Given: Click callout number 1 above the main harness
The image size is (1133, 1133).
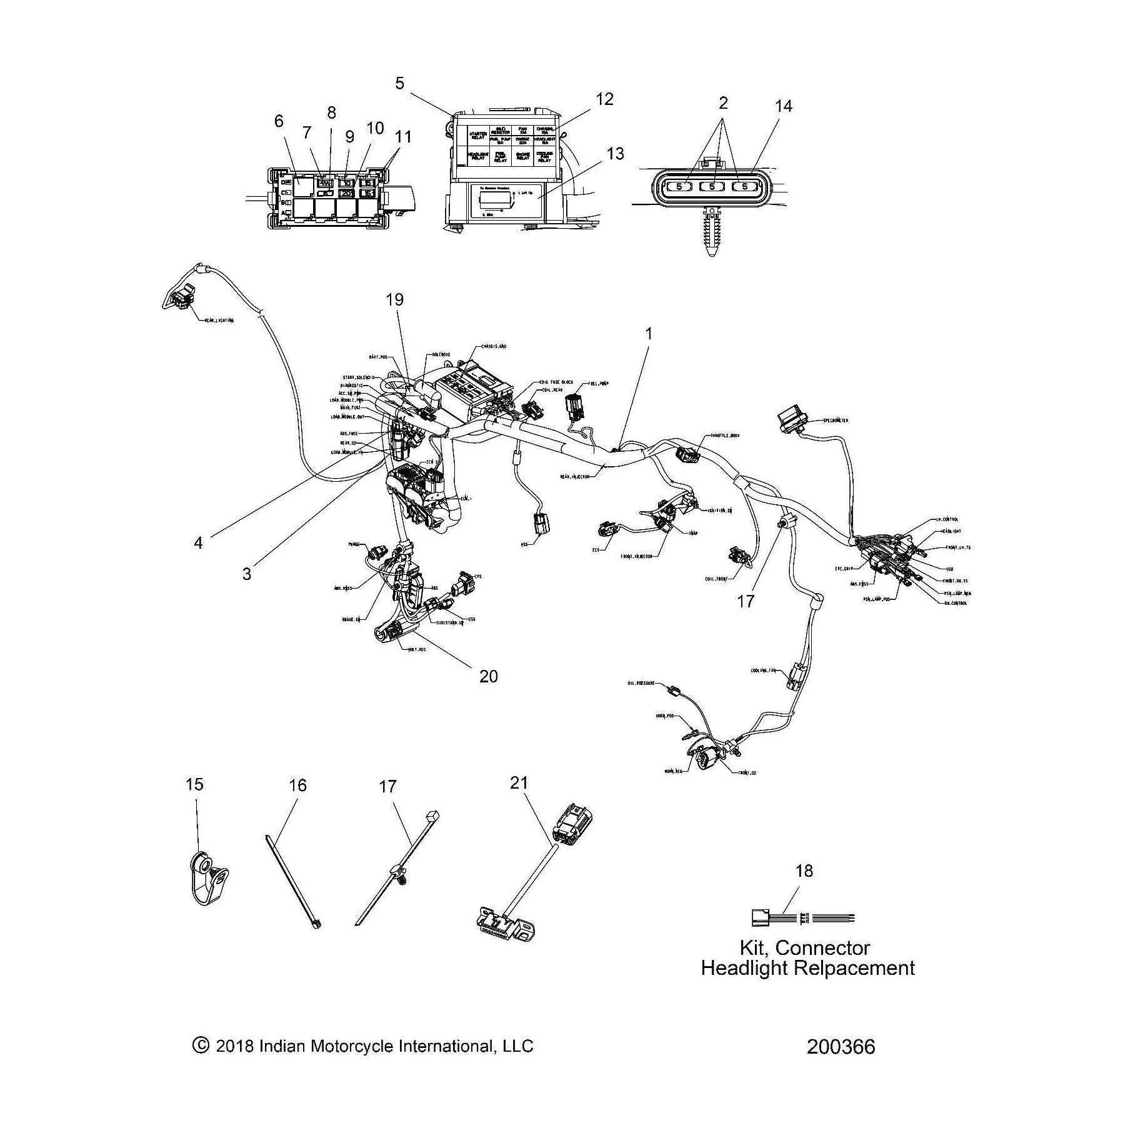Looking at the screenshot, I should point(648,334).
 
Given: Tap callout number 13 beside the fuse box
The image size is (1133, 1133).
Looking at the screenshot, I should point(615,154).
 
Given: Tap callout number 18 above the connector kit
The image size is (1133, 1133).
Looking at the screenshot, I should point(804,871).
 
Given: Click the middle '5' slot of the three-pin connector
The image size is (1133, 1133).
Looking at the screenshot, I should point(712,186).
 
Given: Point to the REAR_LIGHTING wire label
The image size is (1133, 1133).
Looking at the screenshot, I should point(219,320).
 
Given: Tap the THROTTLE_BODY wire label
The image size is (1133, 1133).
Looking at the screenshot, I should point(724,436).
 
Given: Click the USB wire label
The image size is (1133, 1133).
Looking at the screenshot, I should point(949,569).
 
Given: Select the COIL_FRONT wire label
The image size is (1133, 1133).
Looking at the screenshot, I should point(718,578).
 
